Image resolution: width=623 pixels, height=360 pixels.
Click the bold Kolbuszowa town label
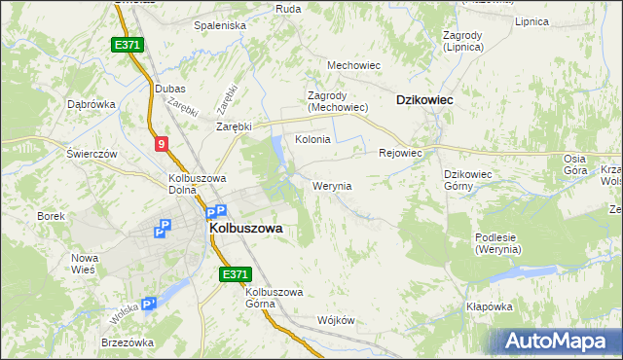tap(246, 228)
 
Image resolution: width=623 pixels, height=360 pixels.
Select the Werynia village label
tap(332, 185)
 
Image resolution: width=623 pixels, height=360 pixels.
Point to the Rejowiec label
tap(399, 153)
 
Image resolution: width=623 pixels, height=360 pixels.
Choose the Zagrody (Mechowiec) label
tap(337, 101)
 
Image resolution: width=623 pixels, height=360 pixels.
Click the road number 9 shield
tap(162, 144)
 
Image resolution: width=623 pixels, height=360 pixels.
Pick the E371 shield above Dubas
tap(128, 45)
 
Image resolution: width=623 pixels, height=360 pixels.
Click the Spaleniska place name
tap(220, 25)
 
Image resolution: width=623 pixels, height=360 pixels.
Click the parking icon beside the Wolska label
tap(148, 305)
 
